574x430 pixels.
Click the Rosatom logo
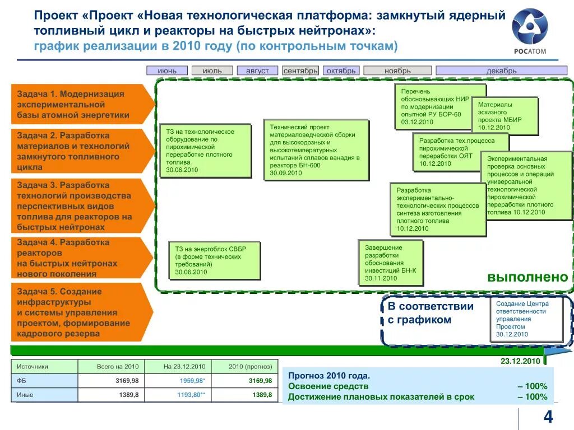pyautogui.click(x=529, y=31)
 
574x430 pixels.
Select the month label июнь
pyautogui.click(x=167, y=71)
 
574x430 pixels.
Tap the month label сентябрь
pyautogui.click(x=300, y=71)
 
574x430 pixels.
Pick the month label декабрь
pyautogui.click(x=501, y=71)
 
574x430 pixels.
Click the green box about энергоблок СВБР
pyautogui.click(x=215, y=260)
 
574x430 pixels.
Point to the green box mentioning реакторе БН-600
pyautogui.click(x=316, y=150)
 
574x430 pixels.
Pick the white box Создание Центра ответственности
pyautogui.click(x=527, y=319)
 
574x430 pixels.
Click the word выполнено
pyautogui.click(x=527, y=277)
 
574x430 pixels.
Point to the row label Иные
pyautogui.click(x=25, y=395)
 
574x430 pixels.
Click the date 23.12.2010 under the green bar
pyautogui.click(x=520, y=361)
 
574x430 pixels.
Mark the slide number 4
pyautogui.click(x=548, y=417)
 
